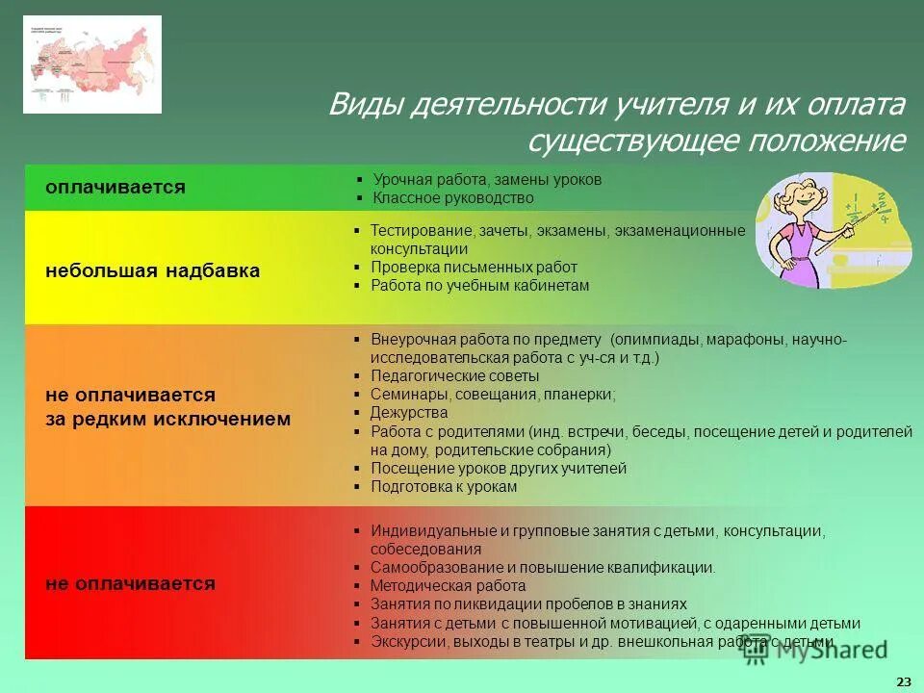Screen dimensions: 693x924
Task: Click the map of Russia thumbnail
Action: (x=92, y=64)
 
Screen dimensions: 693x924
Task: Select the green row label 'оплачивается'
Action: (x=115, y=187)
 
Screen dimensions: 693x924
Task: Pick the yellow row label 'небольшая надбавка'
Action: (x=152, y=270)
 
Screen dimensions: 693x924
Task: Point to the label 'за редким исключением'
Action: (x=167, y=419)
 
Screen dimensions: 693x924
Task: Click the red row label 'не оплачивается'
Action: (x=130, y=583)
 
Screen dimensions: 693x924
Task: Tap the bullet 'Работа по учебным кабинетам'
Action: (x=479, y=286)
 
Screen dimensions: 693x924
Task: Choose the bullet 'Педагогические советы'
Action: (x=454, y=376)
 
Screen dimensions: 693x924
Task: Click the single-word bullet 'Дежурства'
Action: (x=403, y=413)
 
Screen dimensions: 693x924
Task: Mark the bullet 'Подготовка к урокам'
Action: (x=444, y=487)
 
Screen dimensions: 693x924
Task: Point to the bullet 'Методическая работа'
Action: (x=448, y=586)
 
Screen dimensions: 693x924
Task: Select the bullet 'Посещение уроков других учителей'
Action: (x=498, y=469)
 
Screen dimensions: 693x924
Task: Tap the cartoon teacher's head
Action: (x=801, y=200)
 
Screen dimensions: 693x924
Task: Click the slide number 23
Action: (x=903, y=681)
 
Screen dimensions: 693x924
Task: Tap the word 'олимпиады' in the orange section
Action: (x=646, y=340)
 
